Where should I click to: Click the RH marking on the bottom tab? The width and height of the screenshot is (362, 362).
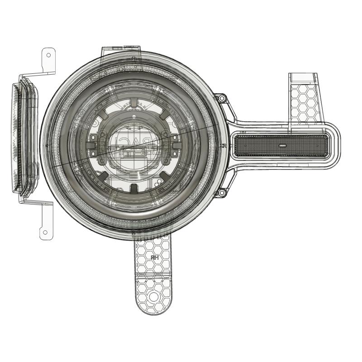click(155, 257)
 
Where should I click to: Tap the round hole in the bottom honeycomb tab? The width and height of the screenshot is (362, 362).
click(154, 296)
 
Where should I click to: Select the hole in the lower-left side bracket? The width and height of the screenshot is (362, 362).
click(45, 233)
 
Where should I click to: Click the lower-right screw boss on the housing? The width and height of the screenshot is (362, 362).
click(221, 193)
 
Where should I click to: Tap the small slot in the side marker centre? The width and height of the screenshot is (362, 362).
click(281, 146)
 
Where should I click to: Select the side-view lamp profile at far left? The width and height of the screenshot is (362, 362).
click(25, 138)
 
